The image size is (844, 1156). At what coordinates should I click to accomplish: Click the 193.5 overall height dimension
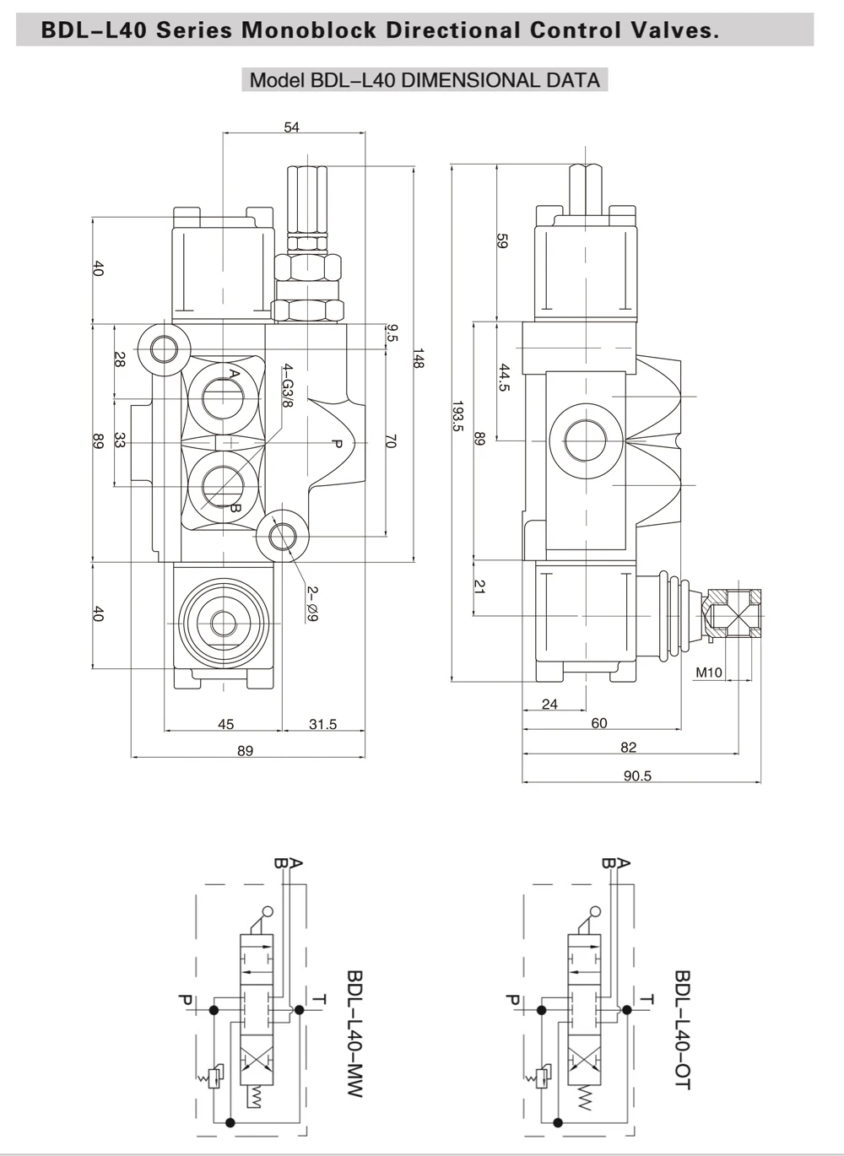point(458,415)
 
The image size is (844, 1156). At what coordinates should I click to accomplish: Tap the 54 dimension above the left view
point(292,127)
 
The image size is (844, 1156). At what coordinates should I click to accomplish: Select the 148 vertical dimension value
point(419,358)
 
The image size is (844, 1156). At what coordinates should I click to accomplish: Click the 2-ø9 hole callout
point(312,603)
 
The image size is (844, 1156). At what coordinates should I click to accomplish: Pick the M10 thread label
point(709,673)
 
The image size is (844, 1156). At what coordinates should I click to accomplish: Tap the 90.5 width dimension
point(637,775)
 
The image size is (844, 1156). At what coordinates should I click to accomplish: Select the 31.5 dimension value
point(323,724)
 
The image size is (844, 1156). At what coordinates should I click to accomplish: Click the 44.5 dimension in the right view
point(505,377)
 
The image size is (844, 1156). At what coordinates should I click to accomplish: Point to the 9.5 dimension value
point(392,332)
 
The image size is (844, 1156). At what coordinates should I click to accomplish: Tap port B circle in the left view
point(223,486)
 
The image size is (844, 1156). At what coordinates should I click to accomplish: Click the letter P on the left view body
point(336,443)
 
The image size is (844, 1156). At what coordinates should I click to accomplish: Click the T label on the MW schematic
point(320,1000)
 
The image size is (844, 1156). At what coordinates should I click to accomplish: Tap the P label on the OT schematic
point(512,1000)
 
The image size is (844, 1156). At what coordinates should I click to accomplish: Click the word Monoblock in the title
point(309,30)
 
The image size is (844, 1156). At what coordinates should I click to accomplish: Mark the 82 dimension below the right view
point(628,748)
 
